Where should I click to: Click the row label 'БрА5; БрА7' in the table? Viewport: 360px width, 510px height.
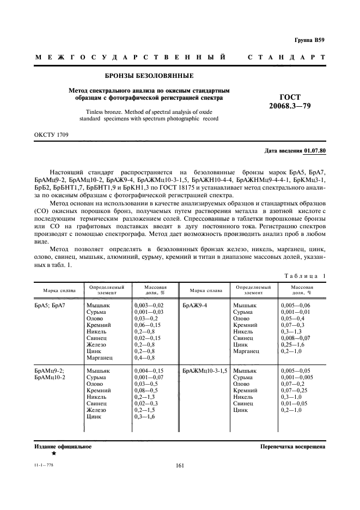click(x=50, y=306)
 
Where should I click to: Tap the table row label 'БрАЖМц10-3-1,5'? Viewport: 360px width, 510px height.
click(x=205, y=370)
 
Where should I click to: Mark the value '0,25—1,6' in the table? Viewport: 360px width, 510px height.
click(x=294, y=345)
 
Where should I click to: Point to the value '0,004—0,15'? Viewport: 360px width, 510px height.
click(x=149, y=371)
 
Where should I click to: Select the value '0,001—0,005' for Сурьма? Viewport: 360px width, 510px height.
click(x=297, y=377)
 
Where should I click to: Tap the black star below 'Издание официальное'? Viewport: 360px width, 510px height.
click(x=53, y=453)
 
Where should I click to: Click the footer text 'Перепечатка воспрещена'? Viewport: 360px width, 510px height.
click(x=292, y=446)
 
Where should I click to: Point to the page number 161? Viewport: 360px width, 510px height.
click(x=180, y=465)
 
